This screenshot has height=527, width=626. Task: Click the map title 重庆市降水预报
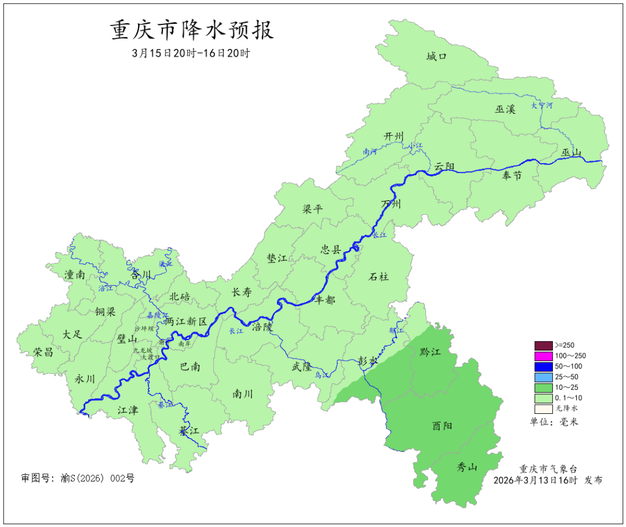(192, 30)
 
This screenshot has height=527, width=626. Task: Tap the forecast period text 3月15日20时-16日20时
(191, 53)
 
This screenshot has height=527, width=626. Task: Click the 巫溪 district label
(505, 109)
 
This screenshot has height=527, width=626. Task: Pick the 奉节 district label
(512, 176)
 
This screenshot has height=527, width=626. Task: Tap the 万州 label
(391, 204)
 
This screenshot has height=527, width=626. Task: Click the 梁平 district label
(312, 210)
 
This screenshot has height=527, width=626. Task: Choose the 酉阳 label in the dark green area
(442, 426)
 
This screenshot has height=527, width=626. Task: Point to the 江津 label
(128, 410)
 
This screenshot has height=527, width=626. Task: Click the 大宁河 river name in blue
(542, 106)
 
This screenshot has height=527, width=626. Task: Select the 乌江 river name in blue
(322, 376)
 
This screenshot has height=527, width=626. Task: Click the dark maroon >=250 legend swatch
(543, 345)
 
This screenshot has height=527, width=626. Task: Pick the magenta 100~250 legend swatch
(543, 356)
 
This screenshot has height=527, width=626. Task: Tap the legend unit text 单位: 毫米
(554, 422)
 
